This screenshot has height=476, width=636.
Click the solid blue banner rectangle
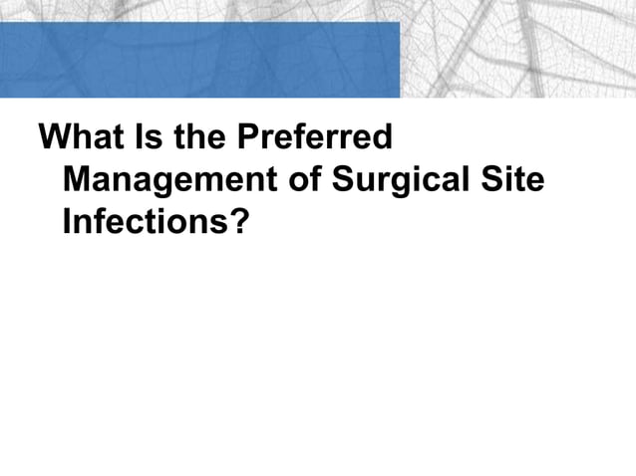(199, 60)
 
